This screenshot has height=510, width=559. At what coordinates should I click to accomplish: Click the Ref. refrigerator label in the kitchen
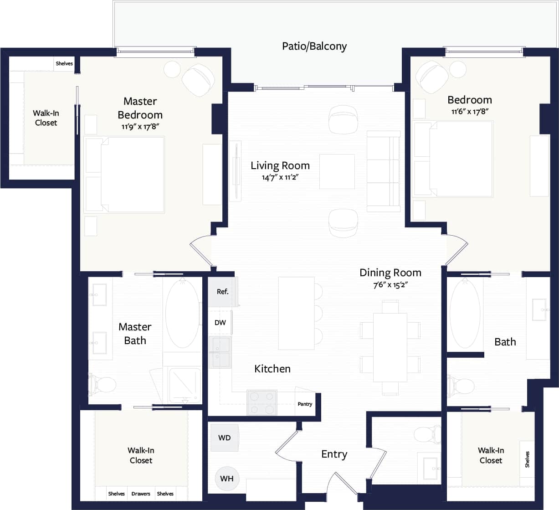click(x=222, y=292)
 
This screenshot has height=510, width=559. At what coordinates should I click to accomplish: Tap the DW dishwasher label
click(x=220, y=323)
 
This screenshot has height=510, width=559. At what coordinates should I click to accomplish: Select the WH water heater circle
click(x=226, y=479)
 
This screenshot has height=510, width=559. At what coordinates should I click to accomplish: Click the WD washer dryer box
click(x=224, y=438)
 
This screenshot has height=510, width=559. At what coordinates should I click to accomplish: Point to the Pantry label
click(x=305, y=404)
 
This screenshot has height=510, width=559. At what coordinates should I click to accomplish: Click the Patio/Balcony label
click(x=314, y=46)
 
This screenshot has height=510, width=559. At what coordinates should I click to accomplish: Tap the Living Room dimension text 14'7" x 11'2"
click(x=280, y=177)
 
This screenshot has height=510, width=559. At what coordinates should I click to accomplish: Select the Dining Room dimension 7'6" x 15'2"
click(x=390, y=285)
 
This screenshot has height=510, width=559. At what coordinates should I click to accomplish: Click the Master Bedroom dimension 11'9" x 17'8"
click(x=140, y=127)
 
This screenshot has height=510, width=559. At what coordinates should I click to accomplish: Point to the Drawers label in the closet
click(x=141, y=494)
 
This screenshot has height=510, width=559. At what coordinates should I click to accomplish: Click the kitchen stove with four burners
click(x=262, y=402)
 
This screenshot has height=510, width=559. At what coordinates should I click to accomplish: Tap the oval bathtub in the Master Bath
click(x=182, y=314)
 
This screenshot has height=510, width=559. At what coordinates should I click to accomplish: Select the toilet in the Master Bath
click(x=103, y=385)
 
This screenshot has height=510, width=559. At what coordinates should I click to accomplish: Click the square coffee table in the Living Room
click(x=337, y=171)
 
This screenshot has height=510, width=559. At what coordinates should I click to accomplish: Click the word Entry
click(x=334, y=454)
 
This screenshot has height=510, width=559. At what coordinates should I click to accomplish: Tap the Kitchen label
click(x=272, y=369)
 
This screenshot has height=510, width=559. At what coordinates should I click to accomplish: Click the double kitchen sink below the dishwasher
click(x=220, y=352)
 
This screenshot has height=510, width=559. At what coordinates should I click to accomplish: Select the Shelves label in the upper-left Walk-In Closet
click(x=64, y=63)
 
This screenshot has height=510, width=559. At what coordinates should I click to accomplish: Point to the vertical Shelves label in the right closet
click(x=527, y=459)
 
